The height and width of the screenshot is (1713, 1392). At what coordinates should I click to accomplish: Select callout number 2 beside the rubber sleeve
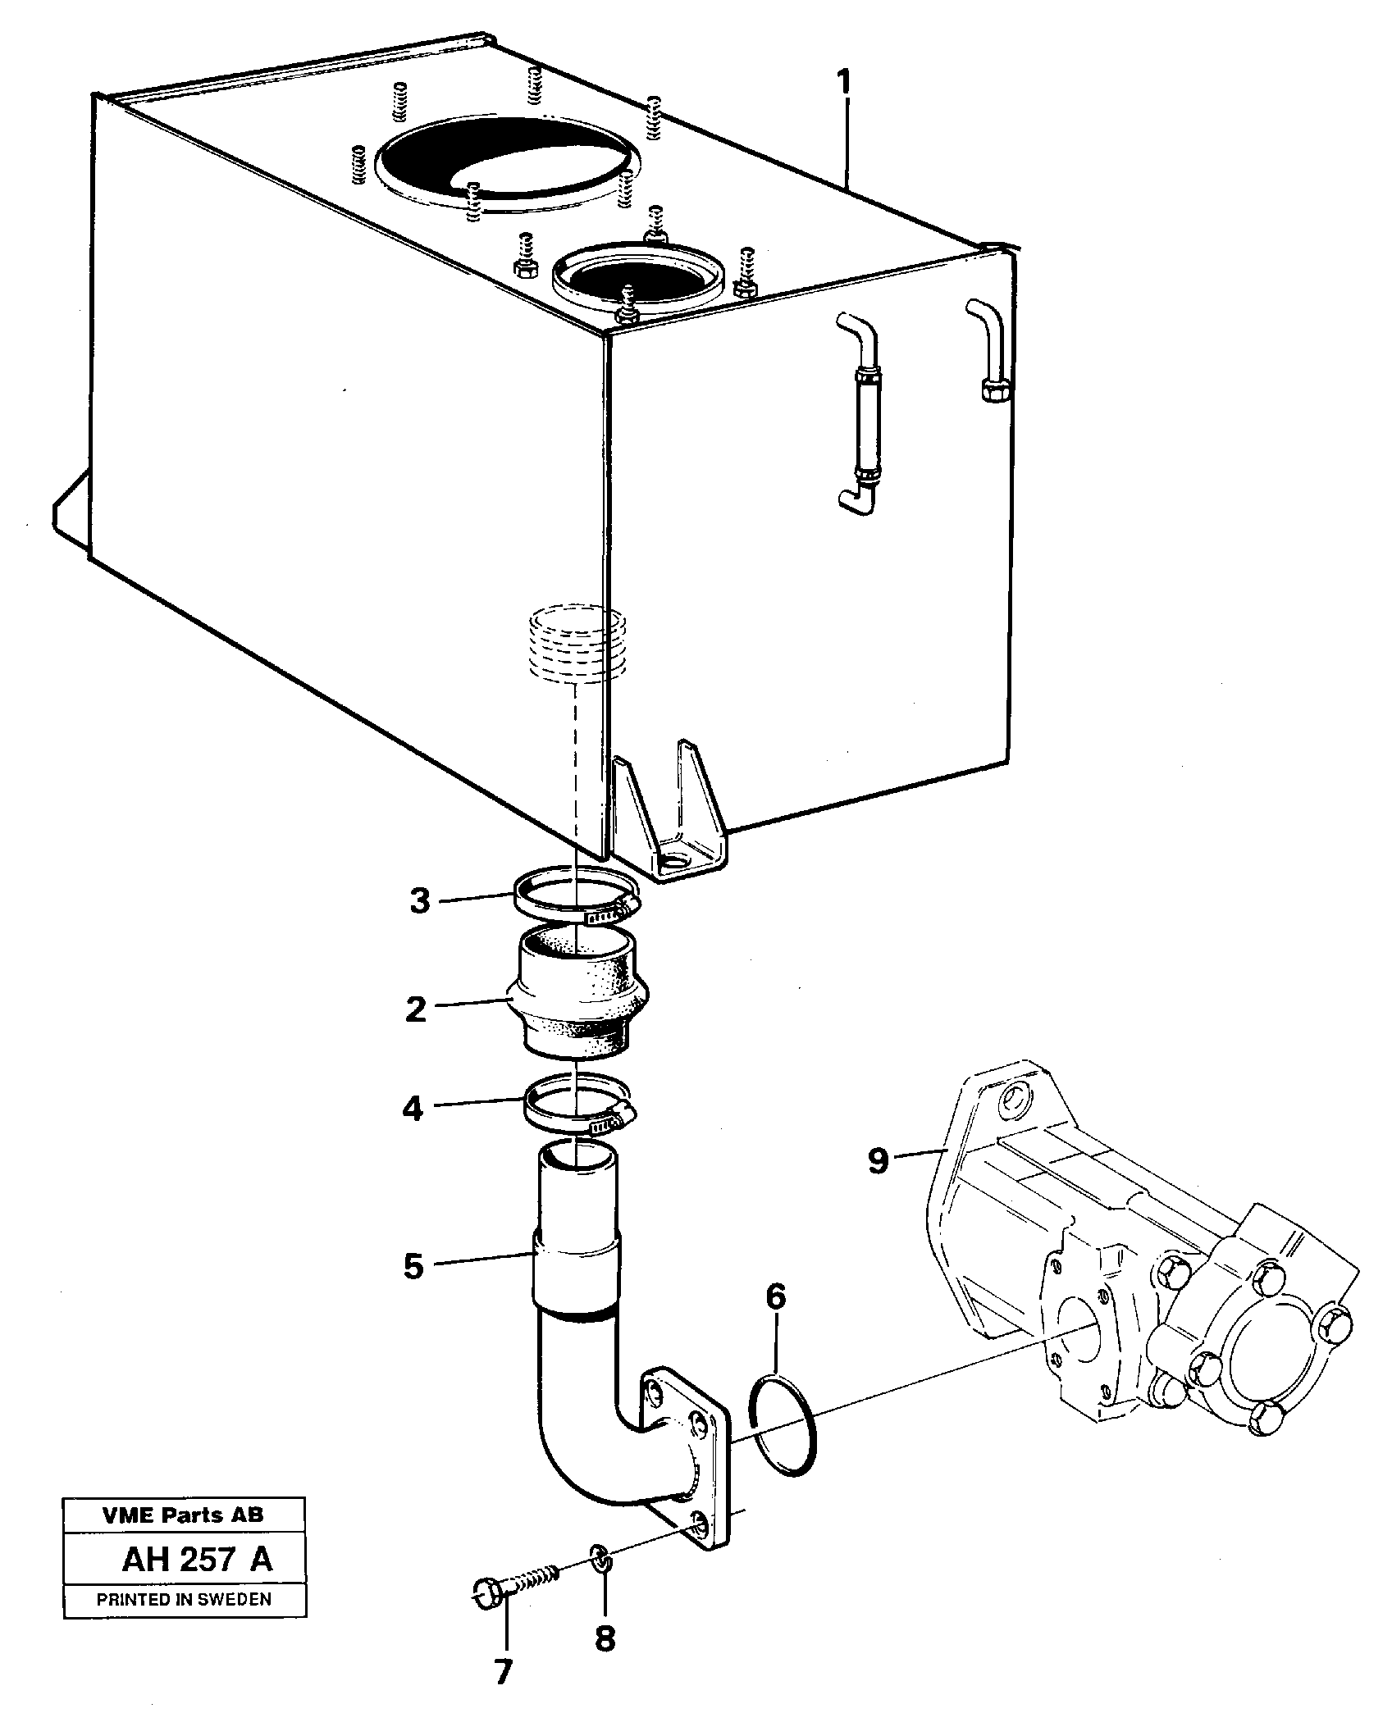(416, 1009)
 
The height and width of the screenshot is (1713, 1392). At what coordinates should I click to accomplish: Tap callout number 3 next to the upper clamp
(419, 901)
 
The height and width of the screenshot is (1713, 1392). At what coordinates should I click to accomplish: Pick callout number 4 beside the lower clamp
(413, 1110)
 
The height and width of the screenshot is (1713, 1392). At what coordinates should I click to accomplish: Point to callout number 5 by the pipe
(413, 1266)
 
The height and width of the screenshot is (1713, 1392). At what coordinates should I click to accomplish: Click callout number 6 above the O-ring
(776, 1320)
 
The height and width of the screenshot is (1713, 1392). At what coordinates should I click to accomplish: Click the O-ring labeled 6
(783, 1427)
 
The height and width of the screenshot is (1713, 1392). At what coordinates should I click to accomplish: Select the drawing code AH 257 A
(197, 1560)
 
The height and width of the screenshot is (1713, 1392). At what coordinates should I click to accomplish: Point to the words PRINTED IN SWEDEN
(184, 1599)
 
